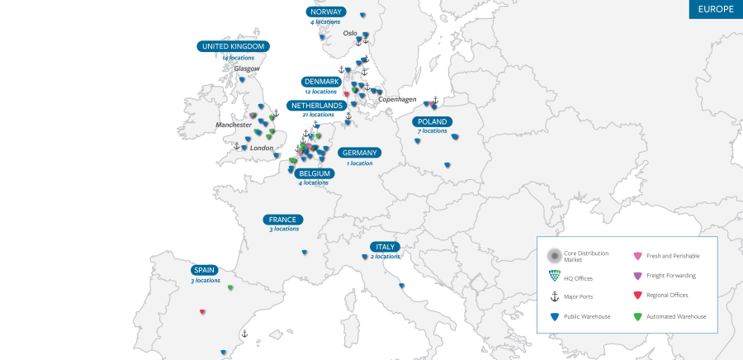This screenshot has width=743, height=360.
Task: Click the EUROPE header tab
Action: coord(716,9)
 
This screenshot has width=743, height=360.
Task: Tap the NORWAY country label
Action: coord(326,12)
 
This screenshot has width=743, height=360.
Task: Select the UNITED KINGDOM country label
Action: coord(234,47)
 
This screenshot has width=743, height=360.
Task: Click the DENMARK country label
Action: coord(321,82)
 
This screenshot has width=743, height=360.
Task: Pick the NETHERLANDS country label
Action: coord(317,106)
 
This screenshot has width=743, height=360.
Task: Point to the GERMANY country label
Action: coord(359,153)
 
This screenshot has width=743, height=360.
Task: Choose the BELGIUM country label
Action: coord(315,173)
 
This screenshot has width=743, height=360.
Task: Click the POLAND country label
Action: coord(433,122)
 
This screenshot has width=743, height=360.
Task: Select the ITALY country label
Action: coord(386,247)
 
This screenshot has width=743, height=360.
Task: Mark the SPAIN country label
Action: coord(204,270)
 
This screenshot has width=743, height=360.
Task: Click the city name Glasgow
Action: coord(246,69)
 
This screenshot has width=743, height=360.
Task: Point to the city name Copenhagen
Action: coord(397,99)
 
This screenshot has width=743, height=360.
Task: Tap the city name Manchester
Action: coord(234,125)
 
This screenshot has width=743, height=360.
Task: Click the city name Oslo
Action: coord(350,34)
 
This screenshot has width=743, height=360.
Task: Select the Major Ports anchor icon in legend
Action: coord(555,296)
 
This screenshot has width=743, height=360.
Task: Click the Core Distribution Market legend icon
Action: coord(555,256)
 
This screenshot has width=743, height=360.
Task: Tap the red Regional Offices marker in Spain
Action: coord(202,311)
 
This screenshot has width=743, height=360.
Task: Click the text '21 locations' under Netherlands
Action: coord(318,115)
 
